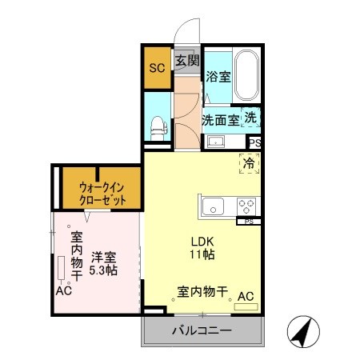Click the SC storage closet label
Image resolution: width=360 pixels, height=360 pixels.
coord(156,67)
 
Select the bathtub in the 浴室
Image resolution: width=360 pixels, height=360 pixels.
coord(246,76)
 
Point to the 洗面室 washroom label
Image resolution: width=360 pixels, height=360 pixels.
coord(219,120)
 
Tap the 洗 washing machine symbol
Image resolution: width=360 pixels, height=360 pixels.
coord(251,117)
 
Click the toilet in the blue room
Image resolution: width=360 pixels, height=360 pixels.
coord(158,126)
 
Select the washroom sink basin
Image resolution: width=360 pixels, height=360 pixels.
coord(215,142)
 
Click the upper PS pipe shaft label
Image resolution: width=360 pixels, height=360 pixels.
coord(254,143)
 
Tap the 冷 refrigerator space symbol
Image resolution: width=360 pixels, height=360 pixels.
coord(250,163)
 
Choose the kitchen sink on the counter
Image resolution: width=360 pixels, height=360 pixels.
coord(216,206)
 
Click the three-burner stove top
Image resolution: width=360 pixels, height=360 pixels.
coord(246,206)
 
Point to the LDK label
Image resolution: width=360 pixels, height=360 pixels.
coord(202,242)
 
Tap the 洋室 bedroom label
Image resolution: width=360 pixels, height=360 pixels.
coord(103,258)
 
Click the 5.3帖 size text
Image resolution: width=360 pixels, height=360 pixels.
coord(103,271)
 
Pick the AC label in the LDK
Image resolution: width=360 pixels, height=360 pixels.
coord(246,297)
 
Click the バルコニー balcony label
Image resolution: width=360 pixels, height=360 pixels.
coord(202,330)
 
